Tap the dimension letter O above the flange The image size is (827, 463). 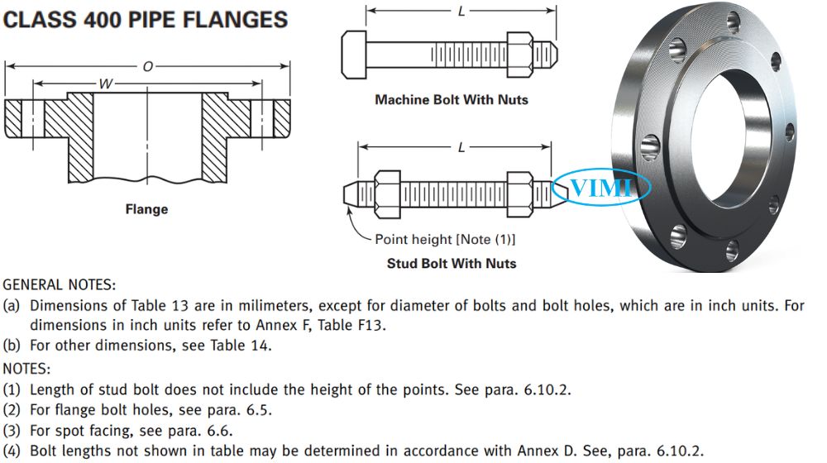pyautogui.click(x=148, y=66)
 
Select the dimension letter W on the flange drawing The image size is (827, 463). pyautogui.click(x=106, y=84)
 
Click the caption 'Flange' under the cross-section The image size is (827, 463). pyautogui.click(x=146, y=209)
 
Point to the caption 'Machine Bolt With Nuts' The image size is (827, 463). pyautogui.click(x=452, y=100)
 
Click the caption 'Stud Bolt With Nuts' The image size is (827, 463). pyautogui.click(x=452, y=263)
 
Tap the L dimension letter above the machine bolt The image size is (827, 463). pyautogui.click(x=461, y=11)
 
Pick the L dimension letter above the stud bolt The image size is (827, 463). pyautogui.click(x=461, y=148)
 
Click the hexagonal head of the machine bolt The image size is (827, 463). pyautogui.click(x=354, y=55)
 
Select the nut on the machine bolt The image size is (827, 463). pyautogui.click(x=520, y=55)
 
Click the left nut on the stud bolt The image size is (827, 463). pyautogui.click(x=388, y=194)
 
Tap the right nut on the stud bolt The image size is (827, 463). pyautogui.click(x=520, y=194)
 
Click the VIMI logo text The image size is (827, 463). pyautogui.click(x=601, y=187)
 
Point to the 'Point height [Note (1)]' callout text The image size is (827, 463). pyautogui.click(x=445, y=240)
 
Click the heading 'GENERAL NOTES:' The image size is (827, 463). pyautogui.click(x=59, y=284)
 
